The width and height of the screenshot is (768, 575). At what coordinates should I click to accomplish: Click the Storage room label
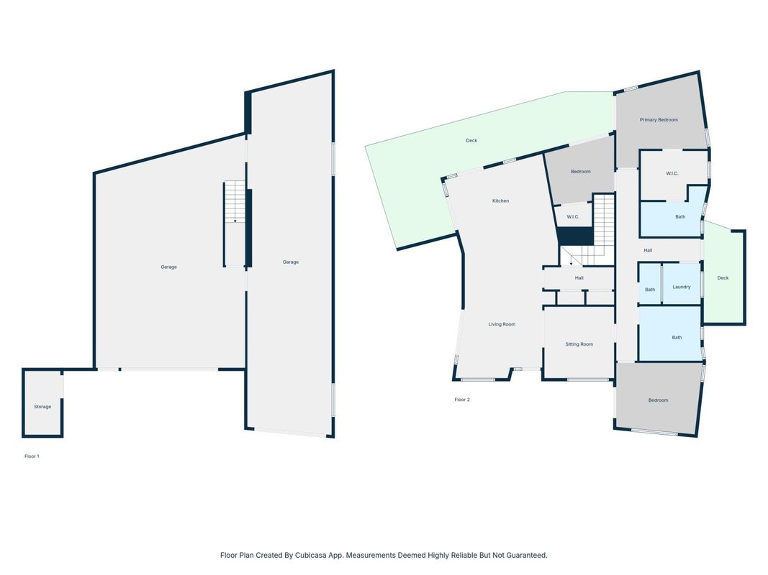[42, 407]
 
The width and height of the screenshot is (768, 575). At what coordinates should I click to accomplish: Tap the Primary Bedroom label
[659, 120]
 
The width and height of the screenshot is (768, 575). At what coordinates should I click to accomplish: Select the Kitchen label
[500, 201]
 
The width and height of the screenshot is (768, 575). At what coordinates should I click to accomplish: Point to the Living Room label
[502, 324]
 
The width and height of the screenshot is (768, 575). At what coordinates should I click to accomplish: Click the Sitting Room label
[579, 344]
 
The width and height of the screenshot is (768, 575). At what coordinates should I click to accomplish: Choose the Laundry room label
[682, 287]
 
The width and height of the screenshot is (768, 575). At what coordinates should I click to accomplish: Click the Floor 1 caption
[32, 456]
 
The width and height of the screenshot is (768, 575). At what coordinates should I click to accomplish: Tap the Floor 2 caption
[462, 400]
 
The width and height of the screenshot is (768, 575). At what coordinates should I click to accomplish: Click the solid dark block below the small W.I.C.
[576, 236]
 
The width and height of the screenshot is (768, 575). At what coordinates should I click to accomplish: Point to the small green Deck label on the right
[723, 277]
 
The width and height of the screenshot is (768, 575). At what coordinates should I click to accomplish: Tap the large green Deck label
[471, 140]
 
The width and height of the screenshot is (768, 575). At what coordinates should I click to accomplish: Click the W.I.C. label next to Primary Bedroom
[672, 173]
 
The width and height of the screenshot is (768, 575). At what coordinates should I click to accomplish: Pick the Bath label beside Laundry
[650, 290]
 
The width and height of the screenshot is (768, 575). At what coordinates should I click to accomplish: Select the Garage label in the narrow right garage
[291, 262]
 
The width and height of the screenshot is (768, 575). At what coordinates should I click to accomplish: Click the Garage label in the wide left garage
[168, 267]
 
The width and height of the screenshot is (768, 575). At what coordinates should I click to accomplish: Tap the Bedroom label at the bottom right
[658, 400]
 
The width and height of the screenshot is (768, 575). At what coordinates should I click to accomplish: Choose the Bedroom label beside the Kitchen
[580, 172]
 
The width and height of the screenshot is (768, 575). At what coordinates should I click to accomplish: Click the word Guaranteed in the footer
[525, 555]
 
